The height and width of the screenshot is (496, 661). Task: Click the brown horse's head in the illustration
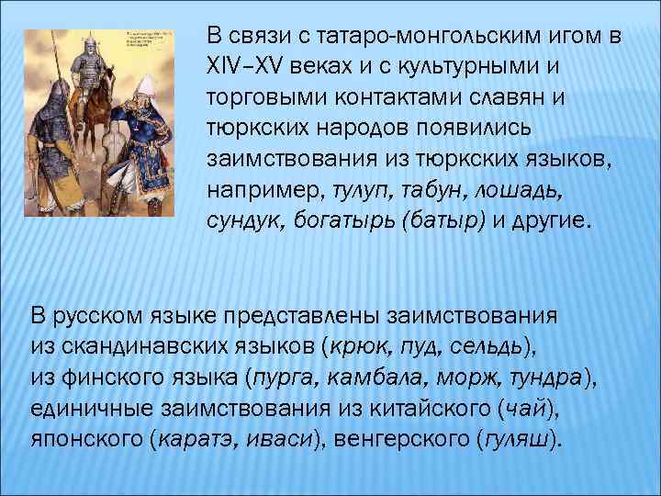click(112, 75)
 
